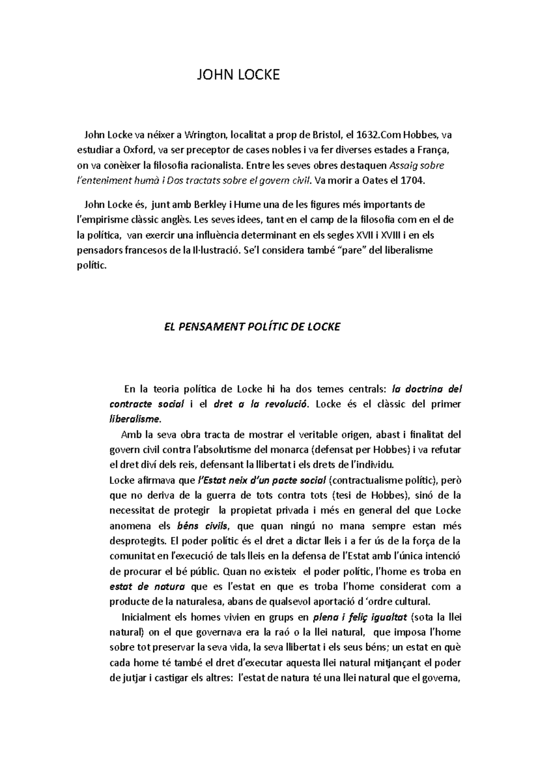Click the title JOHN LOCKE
coord(239,74)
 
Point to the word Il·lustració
coord(213,250)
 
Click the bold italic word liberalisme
coord(134,420)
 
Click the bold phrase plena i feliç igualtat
coord(360,617)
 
